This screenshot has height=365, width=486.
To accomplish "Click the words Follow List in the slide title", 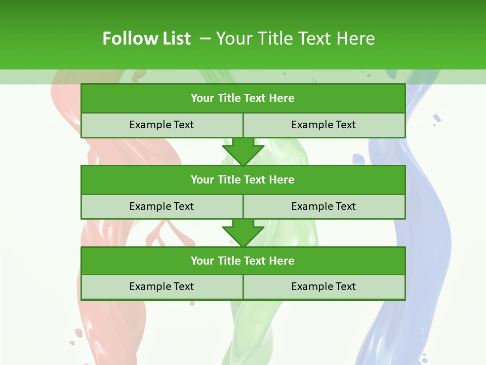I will [x=146, y=39].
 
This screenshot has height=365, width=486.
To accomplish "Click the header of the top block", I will [x=242, y=98].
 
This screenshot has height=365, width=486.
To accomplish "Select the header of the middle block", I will [x=242, y=179].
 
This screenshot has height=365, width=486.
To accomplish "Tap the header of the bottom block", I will [x=242, y=261].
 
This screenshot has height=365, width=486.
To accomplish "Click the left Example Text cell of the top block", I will [x=161, y=125].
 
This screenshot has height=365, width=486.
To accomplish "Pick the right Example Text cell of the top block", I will [x=323, y=125].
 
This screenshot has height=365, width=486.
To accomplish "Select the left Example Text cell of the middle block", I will [x=161, y=206].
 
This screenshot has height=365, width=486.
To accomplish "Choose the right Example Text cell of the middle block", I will [x=323, y=206].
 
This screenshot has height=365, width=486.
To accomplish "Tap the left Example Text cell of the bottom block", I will [x=161, y=286].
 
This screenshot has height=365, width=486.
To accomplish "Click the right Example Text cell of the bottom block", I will [x=323, y=286].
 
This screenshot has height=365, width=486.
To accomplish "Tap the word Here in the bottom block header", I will [x=281, y=261].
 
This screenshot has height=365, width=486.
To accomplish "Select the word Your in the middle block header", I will [x=202, y=179].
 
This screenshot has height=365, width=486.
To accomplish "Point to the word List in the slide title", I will [x=174, y=39].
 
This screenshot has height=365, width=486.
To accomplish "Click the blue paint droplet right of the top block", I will [x=436, y=119].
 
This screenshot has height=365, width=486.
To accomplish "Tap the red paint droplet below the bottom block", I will [x=192, y=303].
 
